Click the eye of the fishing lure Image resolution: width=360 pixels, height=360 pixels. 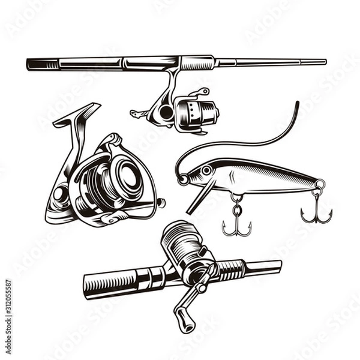[206, 171]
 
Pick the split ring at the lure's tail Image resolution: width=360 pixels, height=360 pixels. [320, 185]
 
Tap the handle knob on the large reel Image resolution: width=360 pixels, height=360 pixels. [161, 203]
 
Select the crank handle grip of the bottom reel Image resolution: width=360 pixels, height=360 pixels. [184, 319]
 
